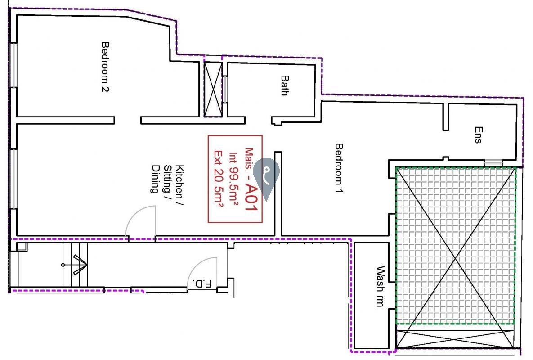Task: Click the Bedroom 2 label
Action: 105,67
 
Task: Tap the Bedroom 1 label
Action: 339,168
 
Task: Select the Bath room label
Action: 285,85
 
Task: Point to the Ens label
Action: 478,135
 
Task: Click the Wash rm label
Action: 381,286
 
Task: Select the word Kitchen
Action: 179,182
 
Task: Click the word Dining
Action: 155,179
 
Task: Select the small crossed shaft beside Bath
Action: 213,90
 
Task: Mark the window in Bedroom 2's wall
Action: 13,65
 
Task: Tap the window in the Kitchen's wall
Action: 13,179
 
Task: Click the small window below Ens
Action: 493,163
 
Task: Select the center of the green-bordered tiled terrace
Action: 456,245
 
